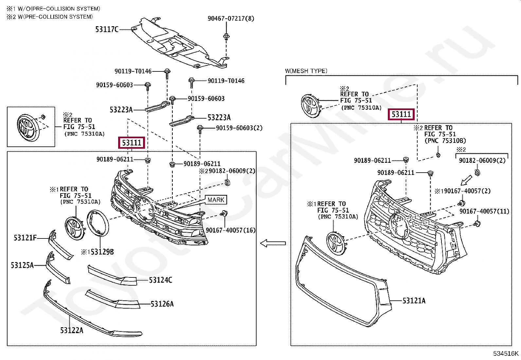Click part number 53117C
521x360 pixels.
click(107, 29)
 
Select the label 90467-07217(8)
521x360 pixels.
click(231, 18)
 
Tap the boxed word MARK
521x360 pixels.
click(216, 200)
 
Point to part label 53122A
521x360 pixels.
click(72, 330)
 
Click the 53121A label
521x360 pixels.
click(414, 301)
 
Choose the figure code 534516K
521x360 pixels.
click(506, 353)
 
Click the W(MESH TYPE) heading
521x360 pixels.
click(306, 71)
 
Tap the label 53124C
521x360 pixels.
click(160, 280)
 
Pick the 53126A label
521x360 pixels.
click(162, 304)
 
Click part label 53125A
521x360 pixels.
click(22, 265)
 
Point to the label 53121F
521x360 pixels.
click(25, 237)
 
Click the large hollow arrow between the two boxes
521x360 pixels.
click(273, 243)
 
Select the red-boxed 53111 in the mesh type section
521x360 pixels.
click(401, 114)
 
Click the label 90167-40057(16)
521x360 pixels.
click(231, 230)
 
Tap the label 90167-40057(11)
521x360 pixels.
click(484, 211)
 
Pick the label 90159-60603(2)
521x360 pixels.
click(239, 128)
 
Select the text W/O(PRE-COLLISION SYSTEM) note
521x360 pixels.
click(59, 9)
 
